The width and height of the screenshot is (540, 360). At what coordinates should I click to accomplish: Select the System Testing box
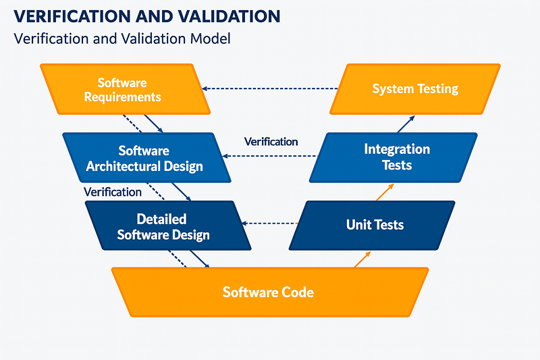pyautogui.click(x=415, y=88)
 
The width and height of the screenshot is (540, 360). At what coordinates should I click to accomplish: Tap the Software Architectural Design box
pyautogui.click(x=144, y=158)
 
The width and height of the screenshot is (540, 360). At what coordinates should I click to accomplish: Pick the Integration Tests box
pyautogui.click(x=396, y=157)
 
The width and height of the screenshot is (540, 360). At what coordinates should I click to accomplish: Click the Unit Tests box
pyautogui.click(x=375, y=225)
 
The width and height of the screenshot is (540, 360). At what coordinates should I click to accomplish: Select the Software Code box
pyautogui.click(x=269, y=292)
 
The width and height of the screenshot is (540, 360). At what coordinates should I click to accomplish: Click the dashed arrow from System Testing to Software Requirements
pyautogui.click(x=270, y=88)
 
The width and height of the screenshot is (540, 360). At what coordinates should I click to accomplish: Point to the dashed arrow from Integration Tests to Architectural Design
pyautogui.click(x=270, y=156)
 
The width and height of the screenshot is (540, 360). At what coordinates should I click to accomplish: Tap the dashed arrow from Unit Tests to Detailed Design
pyautogui.click(x=270, y=223)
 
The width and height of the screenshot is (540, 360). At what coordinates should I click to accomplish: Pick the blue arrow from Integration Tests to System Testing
pyautogui.click(x=406, y=124)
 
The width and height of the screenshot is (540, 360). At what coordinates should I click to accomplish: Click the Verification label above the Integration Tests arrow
pyautogui.click(x=271, y=141)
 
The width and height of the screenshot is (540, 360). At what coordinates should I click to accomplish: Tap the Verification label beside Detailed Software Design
pyautogui.click(x=113, y=192)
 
